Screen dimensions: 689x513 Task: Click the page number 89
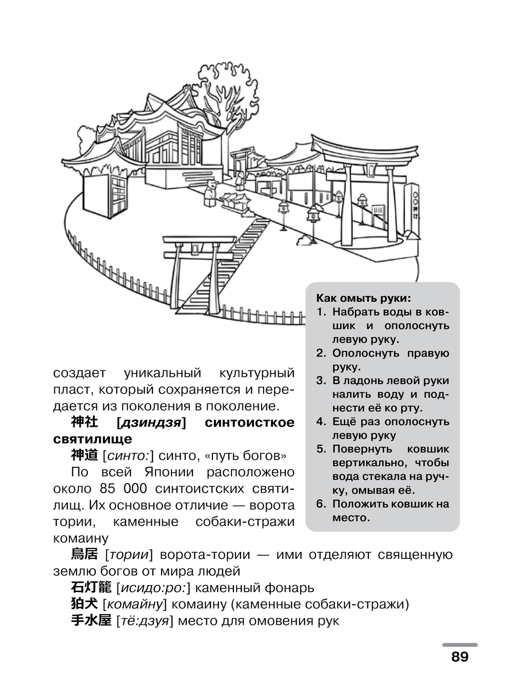(460, 657)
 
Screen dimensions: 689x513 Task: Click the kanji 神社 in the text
(84, 423)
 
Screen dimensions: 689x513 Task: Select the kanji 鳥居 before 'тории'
(84, 554)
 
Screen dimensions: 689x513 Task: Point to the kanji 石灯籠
(91, 588)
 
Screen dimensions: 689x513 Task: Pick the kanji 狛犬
(84, 604)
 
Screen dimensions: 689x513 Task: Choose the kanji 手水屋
(91, 621)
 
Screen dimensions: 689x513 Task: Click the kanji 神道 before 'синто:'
(84, 455)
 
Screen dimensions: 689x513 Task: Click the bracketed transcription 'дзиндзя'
(151, 423)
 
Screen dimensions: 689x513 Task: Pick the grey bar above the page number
(460, 644)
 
